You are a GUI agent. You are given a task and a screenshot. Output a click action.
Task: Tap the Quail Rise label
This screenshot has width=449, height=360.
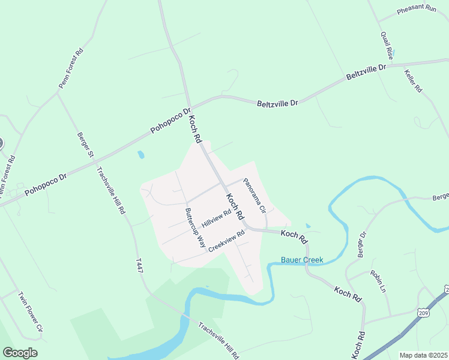(x=386, y=45)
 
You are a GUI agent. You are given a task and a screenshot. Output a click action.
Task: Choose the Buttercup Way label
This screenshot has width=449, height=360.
(x=195, y=229)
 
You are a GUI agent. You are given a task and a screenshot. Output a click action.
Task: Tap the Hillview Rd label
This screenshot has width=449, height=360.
(x=217, y=218)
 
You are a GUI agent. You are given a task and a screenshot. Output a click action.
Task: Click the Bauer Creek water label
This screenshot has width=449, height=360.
(x=303, y=260)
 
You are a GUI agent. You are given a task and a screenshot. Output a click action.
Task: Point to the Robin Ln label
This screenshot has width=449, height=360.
(x=378, y=280)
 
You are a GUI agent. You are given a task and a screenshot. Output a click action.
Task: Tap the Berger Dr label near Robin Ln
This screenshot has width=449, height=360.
(x=361, y=244)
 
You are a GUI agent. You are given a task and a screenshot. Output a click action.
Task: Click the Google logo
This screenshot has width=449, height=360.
(x=20, y=353)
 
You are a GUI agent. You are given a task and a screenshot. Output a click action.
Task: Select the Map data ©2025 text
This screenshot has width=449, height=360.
(x=424, y=355)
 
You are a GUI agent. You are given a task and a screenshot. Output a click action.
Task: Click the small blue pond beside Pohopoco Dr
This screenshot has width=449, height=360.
(x=140, y=155)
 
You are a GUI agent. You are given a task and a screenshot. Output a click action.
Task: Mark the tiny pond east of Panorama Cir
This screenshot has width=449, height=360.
(x=308, y=226)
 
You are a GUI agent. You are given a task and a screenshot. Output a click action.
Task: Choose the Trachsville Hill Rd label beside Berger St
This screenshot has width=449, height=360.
(x=111, y=190)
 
